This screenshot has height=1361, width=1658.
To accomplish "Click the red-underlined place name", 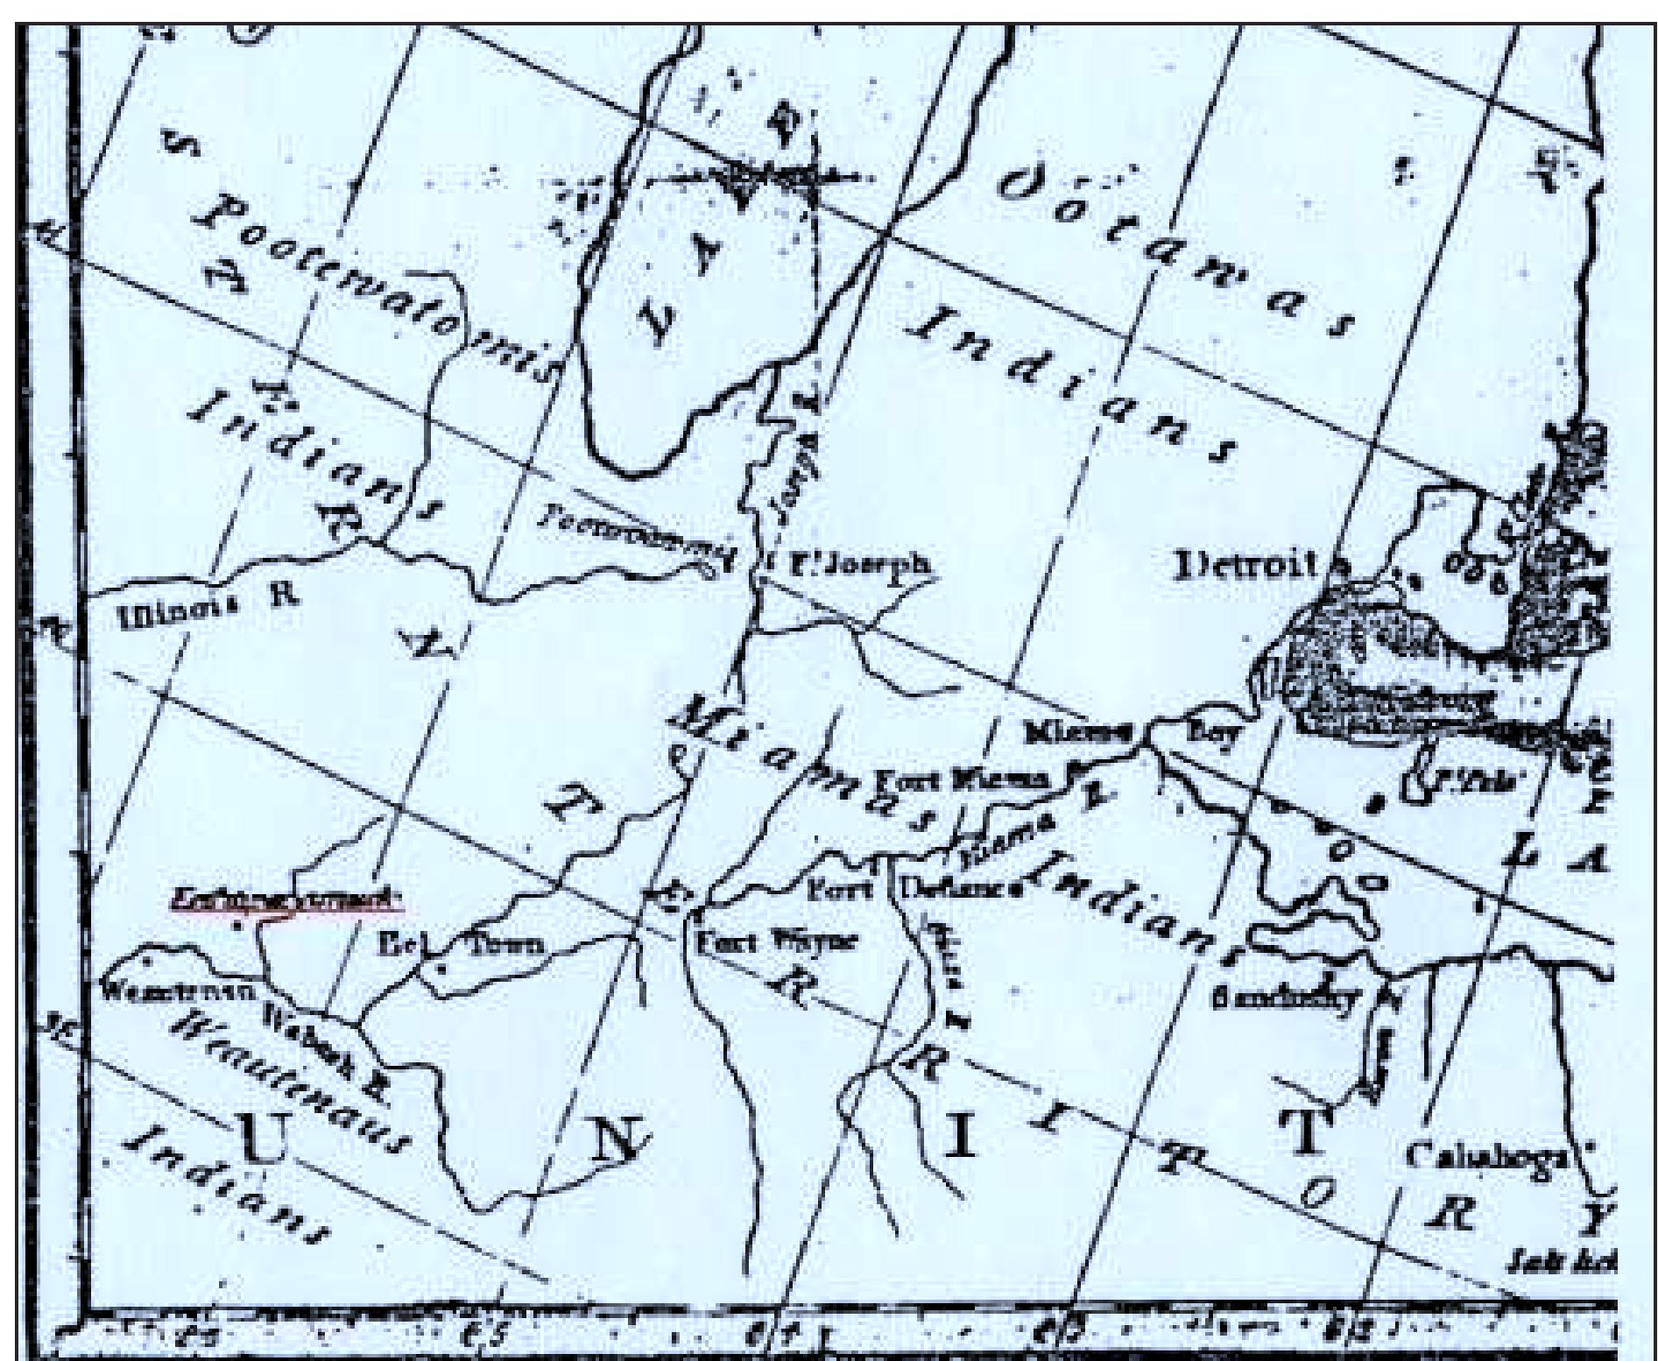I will [283, 898].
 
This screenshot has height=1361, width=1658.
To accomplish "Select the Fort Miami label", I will [963, 779].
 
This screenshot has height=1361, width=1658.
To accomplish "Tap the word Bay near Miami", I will [1212, 734].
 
